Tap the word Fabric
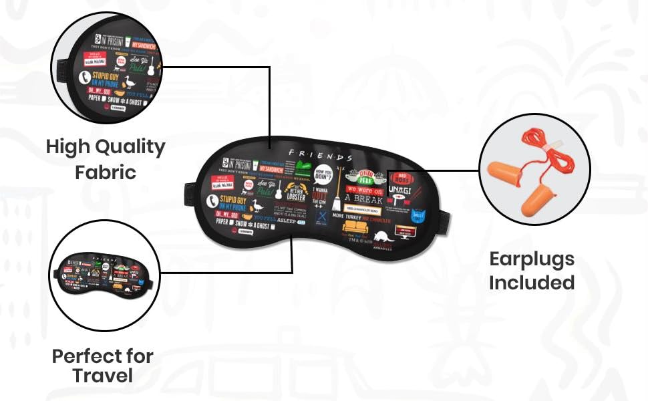(x=106, y=172)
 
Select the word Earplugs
(x=531, y=259)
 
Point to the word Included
(x=531, y=282)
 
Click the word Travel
(x=102, y=375)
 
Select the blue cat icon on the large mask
(x=418, y=217)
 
